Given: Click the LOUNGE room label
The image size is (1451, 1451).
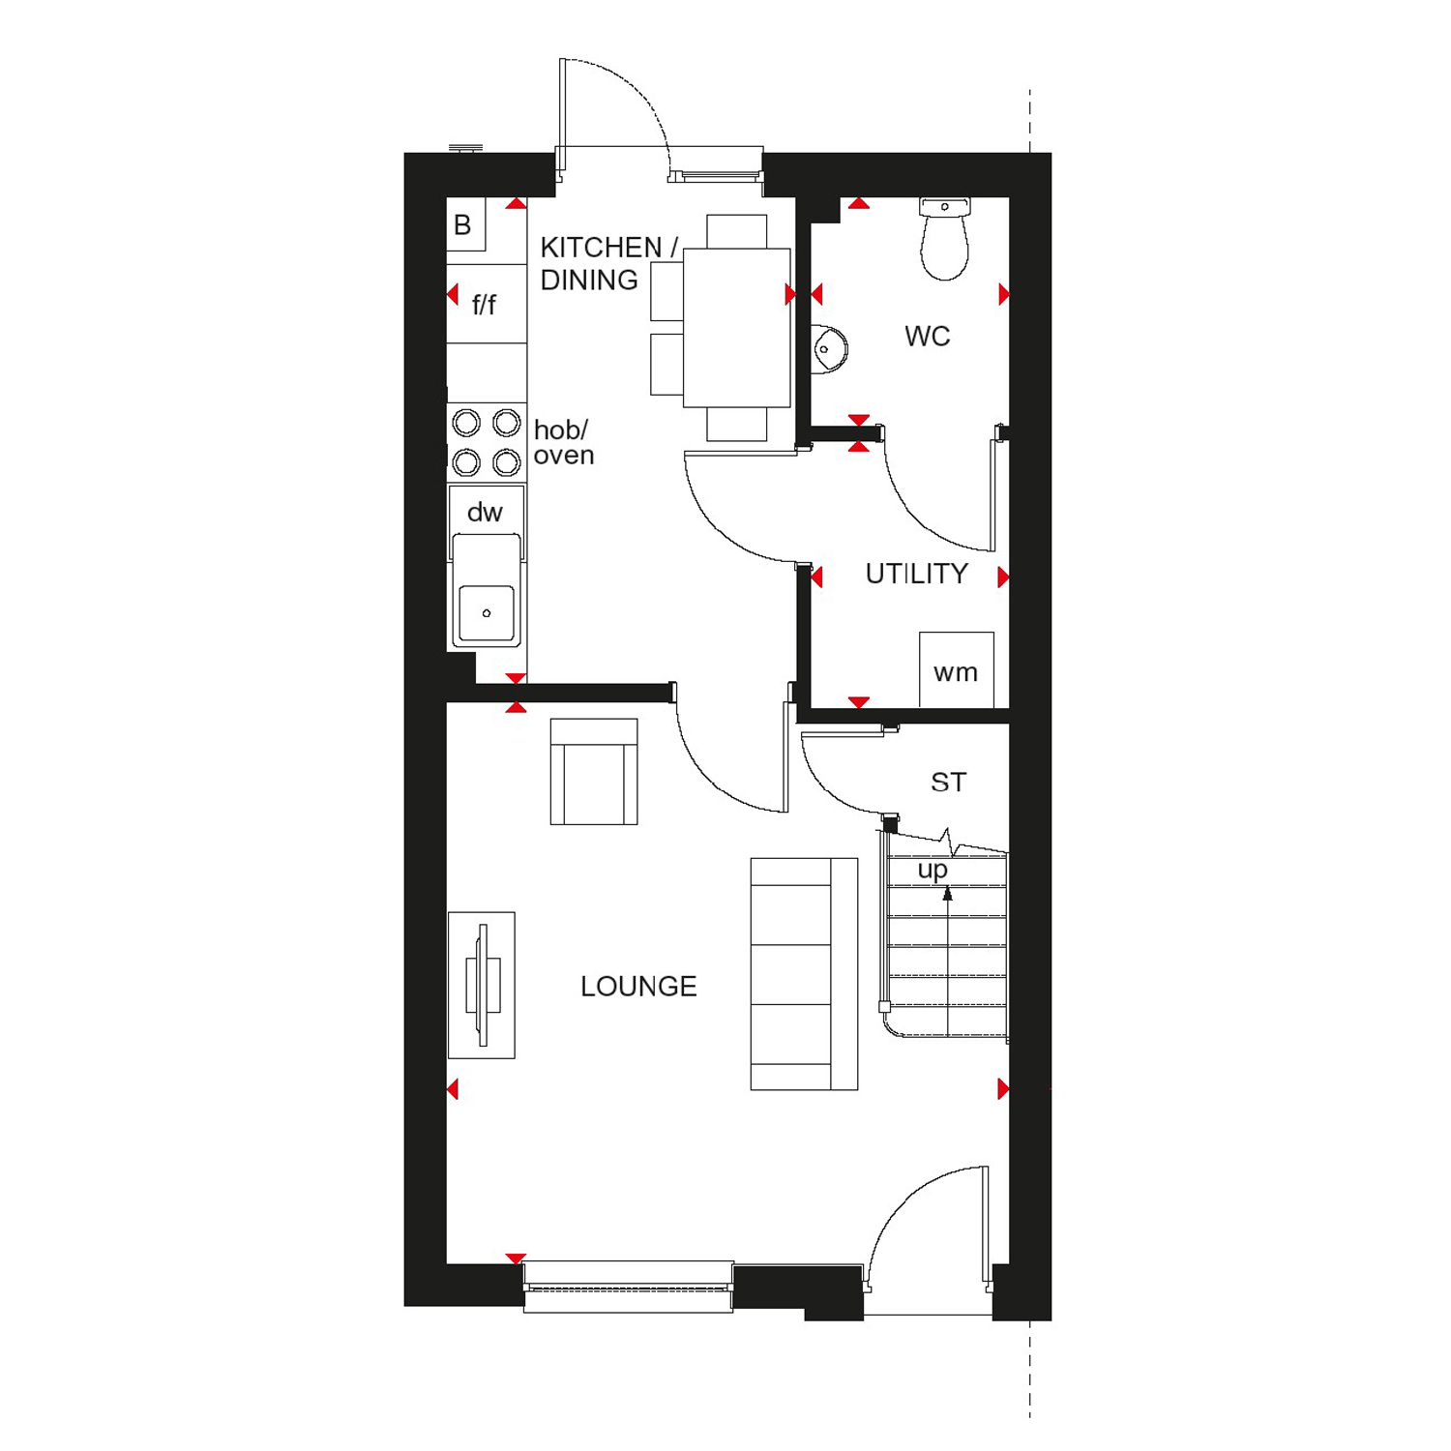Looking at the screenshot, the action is (638, 987).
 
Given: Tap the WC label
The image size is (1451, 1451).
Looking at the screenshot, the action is (927, 337).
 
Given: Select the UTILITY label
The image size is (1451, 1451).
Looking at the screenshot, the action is (916, 574).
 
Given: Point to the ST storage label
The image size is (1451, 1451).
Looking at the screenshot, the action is (948, 782).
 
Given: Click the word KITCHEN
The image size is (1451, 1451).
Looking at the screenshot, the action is (601, 248).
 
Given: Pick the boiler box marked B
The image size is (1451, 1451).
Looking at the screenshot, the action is (465, 224).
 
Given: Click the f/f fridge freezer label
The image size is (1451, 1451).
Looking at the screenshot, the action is (484, 305).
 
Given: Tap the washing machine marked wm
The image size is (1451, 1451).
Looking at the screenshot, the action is (956, 669).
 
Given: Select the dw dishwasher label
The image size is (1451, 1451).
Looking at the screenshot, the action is (485, 513).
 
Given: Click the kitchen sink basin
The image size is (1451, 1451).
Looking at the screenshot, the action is (487, 612).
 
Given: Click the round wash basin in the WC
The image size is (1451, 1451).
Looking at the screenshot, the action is (829, 348).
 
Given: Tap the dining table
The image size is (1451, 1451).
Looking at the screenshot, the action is (737, 327).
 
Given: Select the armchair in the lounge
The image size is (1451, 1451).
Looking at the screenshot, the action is (594, 771).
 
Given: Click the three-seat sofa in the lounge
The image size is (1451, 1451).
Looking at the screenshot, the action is (804, 974).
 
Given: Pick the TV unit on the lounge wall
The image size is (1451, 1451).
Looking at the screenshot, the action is (482, 985).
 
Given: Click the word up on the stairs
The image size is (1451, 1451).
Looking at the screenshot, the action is (933, 871).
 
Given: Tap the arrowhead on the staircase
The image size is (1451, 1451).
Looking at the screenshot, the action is (948, 895).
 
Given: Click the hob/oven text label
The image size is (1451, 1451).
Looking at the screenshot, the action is (563, 442).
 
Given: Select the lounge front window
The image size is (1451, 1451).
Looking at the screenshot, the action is (629, 1287).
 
